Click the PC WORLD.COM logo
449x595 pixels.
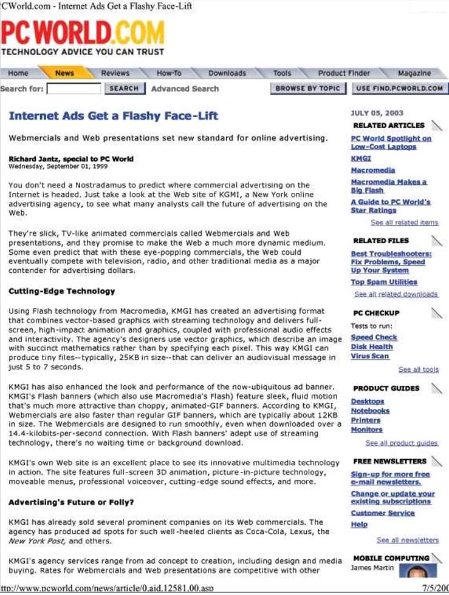point(83,33)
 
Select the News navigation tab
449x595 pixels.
point(64,73)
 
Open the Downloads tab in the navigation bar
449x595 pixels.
point(227,73)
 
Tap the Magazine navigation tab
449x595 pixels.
point(414,73)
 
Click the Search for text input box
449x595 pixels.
point(74,89)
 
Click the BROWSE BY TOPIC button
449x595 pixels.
point(307,89)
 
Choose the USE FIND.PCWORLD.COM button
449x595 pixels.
point(399,89)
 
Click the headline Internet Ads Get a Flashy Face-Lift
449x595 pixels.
point(113,116)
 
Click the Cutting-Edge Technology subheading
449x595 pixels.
point(61,291)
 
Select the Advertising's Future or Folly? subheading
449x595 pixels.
point(71,503)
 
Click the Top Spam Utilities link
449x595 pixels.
point(384,282)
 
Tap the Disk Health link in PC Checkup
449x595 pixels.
point(371,347)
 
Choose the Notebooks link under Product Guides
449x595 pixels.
point(370,411)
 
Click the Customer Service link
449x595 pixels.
point(382,513)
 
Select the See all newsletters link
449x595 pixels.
point(407,540)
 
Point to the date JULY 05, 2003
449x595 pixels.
point(377,113)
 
